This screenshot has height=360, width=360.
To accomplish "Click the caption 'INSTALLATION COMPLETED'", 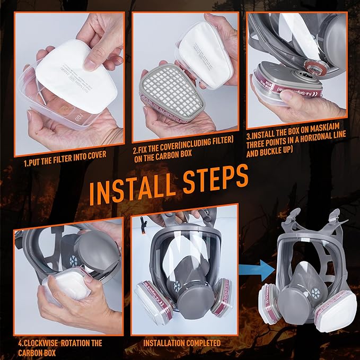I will pyautogui.click(x=182, y=343).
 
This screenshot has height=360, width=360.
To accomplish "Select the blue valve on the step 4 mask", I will pyautogui.click(x=73, y=261).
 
